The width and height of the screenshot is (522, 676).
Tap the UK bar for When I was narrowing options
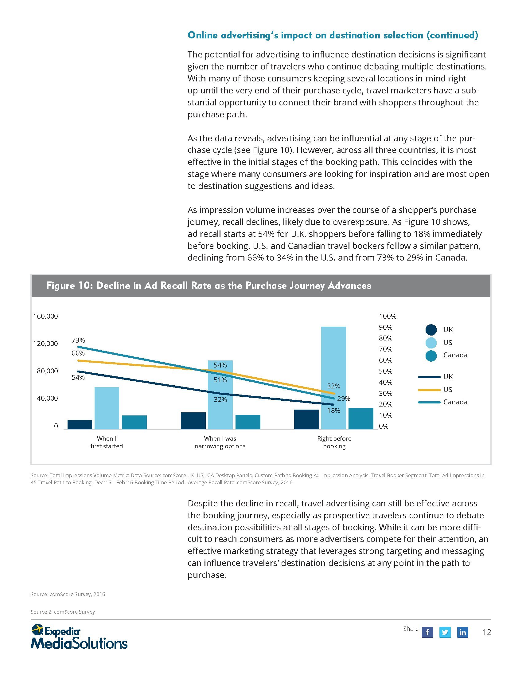[193, 421]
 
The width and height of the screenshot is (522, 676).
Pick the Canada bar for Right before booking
[360, 419]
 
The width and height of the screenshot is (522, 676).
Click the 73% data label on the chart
[78, 340]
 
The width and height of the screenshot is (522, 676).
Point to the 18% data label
[334, 411]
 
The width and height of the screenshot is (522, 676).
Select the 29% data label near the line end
[344, 399]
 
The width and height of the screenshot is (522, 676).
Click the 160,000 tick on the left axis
[45, 316]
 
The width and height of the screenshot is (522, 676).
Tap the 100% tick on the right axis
[388, 316]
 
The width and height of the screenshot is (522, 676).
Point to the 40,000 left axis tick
[47, 398]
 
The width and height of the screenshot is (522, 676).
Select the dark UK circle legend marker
[431, 330]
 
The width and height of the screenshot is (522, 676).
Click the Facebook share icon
[427, 632]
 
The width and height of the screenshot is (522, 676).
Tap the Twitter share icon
[445, 632]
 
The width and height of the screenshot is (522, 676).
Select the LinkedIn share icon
[462, 632]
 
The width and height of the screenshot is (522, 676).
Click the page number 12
[487, 632]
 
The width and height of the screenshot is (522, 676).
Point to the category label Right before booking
[334, 442]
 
